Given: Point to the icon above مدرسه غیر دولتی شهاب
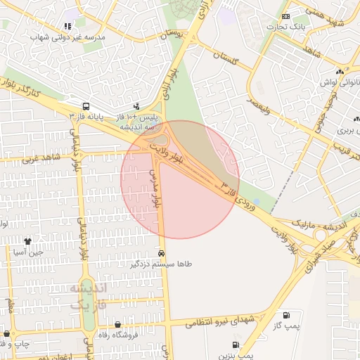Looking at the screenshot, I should pyautogui.click(x=67, y=26).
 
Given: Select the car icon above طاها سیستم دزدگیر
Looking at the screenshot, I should pyautogui.click(x=162, y=253).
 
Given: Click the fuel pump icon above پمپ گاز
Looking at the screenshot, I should pyautogui.click(x=286, y=315).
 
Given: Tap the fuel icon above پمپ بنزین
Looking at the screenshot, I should pyautogui.click(x=234, y=345).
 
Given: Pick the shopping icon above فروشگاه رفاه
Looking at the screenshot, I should pyautogui.click(x=117, y=325).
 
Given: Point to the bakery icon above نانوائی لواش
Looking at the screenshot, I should pyautogui.click(x=340, y=71).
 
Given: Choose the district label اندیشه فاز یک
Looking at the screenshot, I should pyautogui.click(x=89, y=296).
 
